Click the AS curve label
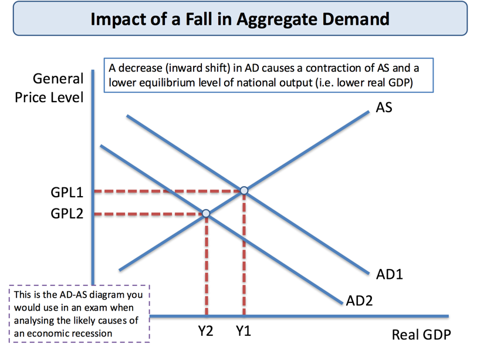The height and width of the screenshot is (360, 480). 384,107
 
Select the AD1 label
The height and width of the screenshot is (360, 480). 390,274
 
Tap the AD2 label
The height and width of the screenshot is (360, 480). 359,301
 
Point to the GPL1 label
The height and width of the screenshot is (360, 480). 67,193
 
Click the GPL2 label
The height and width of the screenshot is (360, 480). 67,214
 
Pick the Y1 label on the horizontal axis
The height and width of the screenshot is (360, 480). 244,331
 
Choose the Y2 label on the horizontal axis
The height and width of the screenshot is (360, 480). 205,331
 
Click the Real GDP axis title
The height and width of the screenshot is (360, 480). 421,335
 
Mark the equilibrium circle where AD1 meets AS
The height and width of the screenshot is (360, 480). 244,190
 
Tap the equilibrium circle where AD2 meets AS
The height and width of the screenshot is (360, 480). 207,213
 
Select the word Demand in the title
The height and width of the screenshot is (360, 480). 356,19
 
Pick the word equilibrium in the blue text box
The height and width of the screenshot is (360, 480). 167,83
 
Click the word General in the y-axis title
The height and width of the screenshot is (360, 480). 58,79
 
